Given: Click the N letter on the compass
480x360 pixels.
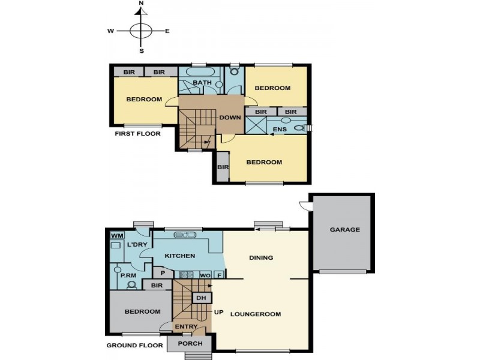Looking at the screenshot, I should coord(142,4).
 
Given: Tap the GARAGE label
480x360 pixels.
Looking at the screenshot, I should coord(344,230).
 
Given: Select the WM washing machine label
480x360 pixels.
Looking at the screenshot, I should coord(116,236).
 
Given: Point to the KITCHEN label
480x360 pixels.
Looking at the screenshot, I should coord(179,256).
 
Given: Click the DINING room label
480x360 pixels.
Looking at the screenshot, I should coord(261,258).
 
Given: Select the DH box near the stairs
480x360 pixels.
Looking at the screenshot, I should coord(200,298).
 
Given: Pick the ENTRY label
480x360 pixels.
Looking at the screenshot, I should coord(185,327).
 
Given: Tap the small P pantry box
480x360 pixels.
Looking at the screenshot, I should coord(163,274).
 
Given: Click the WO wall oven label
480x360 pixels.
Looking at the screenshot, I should coord(204,275).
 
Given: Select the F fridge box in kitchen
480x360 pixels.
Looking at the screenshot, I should coord(219,275).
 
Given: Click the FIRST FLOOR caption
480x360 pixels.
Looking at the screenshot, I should coord(137,134).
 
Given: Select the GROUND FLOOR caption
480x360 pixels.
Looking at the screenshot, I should coord(134,346).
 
